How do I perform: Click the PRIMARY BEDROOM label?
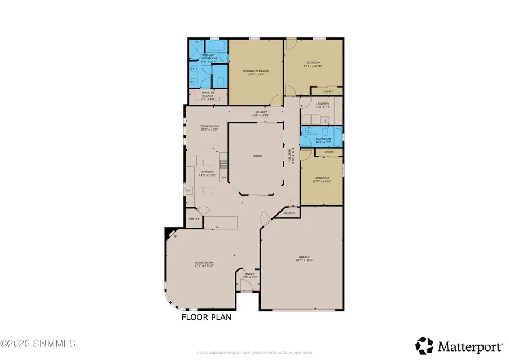[256, 71]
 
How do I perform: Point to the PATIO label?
[256, 155]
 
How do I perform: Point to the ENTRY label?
[249, 275]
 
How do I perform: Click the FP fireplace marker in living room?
[175, 236]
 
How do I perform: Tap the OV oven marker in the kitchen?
[224, 178]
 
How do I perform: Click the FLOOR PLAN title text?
[206, 318]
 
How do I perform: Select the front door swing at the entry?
[245, 285]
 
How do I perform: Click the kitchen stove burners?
[224, 164]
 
